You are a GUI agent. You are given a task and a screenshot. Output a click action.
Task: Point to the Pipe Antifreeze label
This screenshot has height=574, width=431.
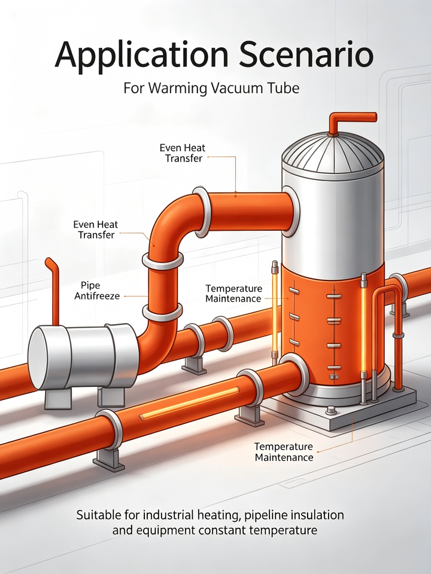97,291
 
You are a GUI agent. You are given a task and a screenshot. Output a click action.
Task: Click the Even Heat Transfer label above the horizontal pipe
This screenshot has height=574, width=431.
183,153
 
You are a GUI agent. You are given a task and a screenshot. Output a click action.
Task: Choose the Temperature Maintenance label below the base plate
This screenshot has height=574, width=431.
284,452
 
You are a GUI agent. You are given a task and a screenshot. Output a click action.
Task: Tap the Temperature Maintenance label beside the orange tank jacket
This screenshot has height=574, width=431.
233,293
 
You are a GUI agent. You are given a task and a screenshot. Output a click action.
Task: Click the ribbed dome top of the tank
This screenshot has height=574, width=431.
332,155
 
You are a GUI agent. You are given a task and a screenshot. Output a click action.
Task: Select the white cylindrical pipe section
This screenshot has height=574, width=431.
84,356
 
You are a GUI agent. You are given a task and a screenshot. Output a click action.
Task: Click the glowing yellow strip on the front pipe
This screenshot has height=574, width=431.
190,404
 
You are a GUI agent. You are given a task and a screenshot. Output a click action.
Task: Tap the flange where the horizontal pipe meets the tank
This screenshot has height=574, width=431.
291,212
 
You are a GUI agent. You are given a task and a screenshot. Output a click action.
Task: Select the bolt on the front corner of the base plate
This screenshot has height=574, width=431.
331,410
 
